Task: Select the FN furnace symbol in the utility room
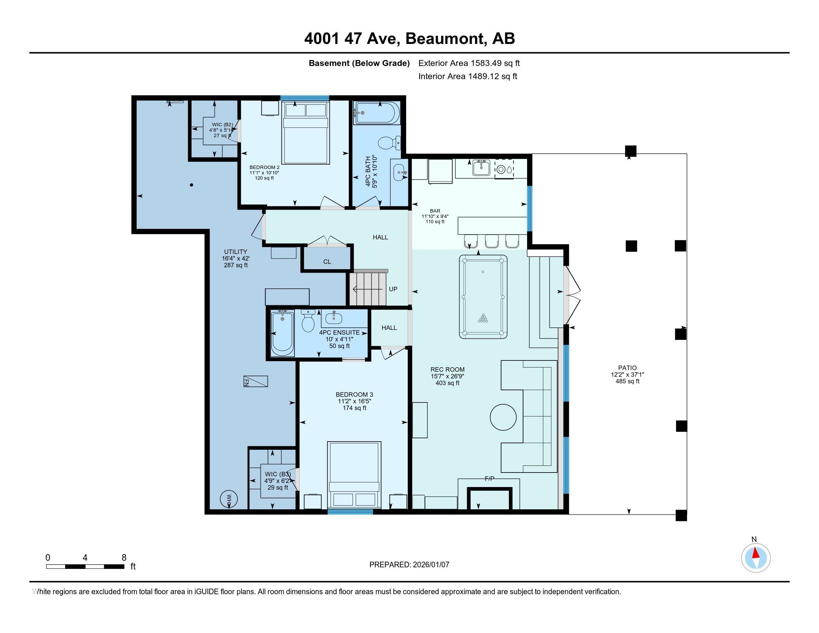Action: (x=255, y=381)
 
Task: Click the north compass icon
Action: (x=756, y=558)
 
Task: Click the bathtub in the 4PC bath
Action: (x=376, y=112)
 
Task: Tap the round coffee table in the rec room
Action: (x=503, y=417)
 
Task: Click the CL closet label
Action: (x=327, y=262)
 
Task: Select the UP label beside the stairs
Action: (x=393, y=289)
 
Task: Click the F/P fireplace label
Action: (x=490, y=478)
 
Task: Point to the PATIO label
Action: (x=627, y=368)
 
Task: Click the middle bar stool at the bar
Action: (x=491, y=241)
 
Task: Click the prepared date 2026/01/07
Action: (x=430, y=565)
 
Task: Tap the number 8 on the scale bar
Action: (x=124, y=558)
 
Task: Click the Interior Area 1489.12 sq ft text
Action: (x=468, y=76)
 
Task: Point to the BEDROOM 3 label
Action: (x=354, y=394)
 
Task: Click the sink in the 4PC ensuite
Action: (x=334, y=318)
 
